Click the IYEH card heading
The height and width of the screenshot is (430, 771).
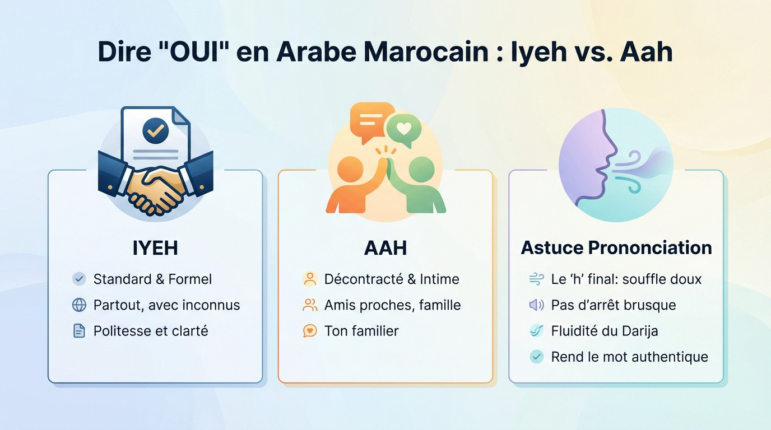(x=155, y=248)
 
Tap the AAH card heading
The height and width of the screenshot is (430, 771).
(x=385, y=248)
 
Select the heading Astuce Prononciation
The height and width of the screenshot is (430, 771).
(x=616, y=247)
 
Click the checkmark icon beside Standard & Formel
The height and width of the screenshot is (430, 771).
(x=80, y=279)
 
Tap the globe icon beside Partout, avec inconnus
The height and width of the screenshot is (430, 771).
(x=80, y=305)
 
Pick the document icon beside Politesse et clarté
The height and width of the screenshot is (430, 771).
(x=80, y=331)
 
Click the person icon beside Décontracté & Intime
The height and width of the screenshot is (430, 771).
(x=310, y=279)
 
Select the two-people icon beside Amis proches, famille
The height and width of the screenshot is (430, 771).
(x=310, y=305)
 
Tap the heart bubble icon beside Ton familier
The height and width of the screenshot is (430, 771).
(x=310, y=331)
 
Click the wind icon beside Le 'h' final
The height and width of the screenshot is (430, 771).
(x=536, y=279)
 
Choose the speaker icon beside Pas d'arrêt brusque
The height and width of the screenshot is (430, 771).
(x=536, y=305)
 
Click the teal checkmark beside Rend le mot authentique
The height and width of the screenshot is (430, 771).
(x=536, y=357)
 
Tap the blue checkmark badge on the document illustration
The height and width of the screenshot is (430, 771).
(x=155, y=130)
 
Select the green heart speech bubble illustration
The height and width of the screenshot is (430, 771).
(x=403, y=129)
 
